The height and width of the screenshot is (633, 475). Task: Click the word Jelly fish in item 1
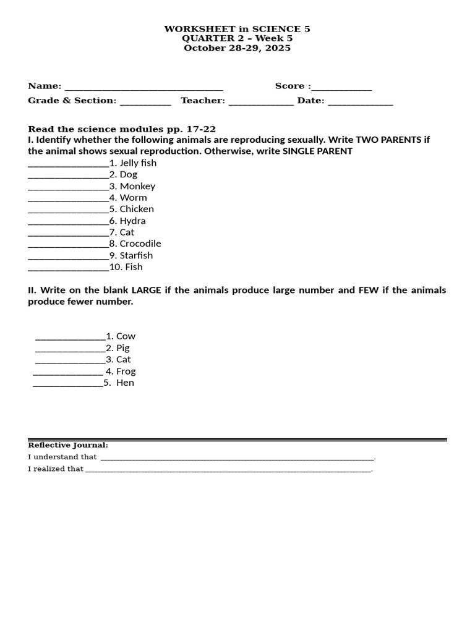click(138, 163)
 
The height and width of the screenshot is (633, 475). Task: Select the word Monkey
click(137, 186)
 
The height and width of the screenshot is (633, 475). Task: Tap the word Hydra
click(132, 221)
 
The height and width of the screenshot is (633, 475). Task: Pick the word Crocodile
click(140, 244)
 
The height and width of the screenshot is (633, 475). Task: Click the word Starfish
click(136, 255)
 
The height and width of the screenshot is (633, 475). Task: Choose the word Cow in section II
click(126, 336)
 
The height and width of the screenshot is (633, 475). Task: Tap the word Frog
click(126, 372)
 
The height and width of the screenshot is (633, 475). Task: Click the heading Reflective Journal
click(68, 445)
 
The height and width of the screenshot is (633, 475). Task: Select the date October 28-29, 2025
click(237, 48)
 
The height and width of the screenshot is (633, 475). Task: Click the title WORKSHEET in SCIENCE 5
click(237, 29)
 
